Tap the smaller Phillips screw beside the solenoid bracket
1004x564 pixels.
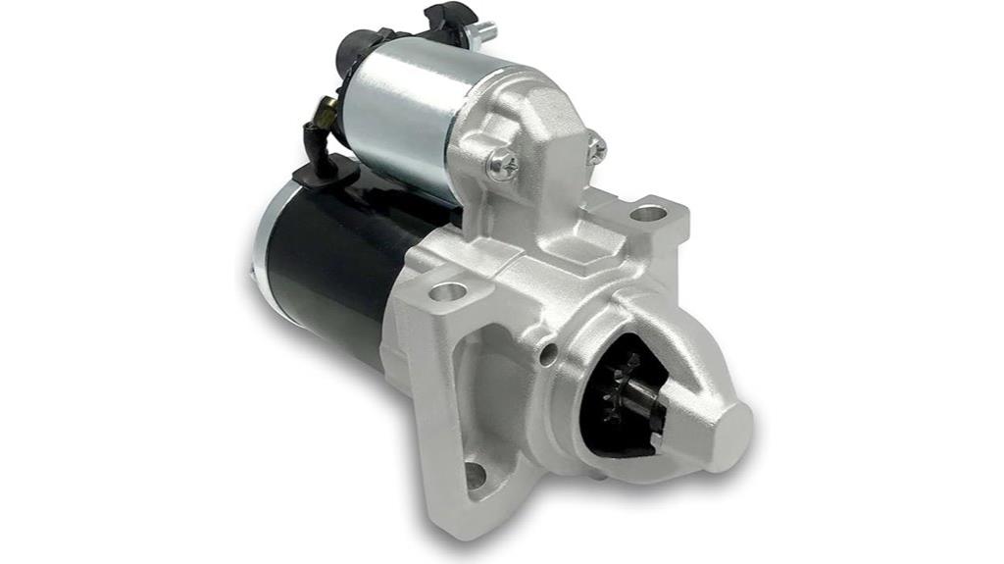(x=596, y=148)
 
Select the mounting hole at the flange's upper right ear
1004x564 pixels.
(x=648, y=212)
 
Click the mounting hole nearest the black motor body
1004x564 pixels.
(x=448, y=291)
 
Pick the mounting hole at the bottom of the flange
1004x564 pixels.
(x=476, y=475)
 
